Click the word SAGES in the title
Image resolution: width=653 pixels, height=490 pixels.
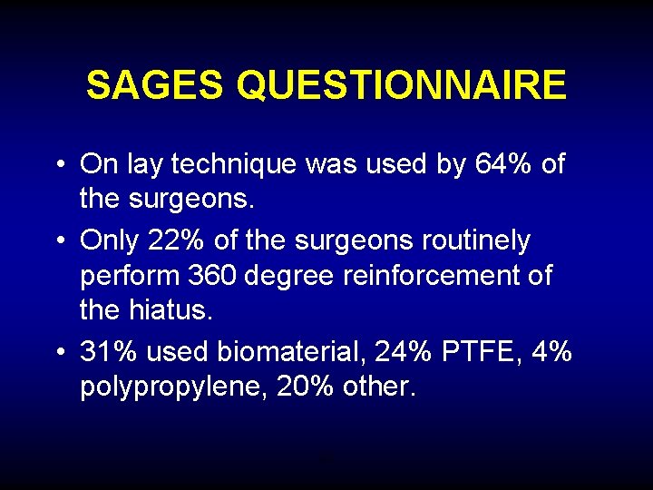tap(156, 85)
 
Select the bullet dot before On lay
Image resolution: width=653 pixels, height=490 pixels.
tap(57, 166)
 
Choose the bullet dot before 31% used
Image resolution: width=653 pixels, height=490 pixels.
tap(57, 352)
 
